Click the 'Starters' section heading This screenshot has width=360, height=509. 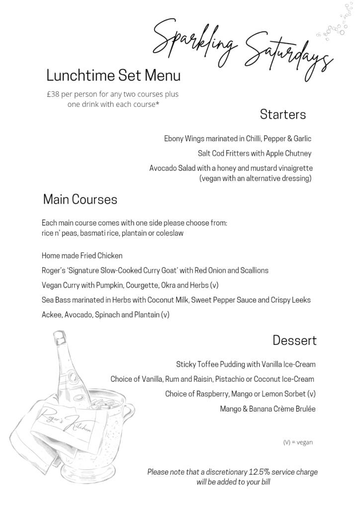(x=282, y=115)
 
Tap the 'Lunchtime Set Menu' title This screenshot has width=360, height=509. (x=113, y=76)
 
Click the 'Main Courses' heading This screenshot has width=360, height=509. (x=80, y=199)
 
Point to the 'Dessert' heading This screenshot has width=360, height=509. (x=294, y=340)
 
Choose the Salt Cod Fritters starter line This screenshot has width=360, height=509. (x=254, y=153)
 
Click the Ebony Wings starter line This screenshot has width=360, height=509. (x=238, y=138)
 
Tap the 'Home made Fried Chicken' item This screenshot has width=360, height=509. (x=82, y=255)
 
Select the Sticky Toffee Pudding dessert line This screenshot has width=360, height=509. (x=246, y=364)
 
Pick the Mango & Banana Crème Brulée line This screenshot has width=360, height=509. (x=268, y=409)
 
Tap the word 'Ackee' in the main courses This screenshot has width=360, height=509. (x=52, y=315)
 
